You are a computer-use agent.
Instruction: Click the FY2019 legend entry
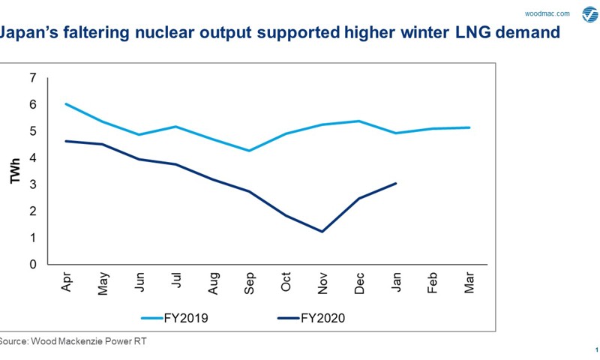[178, 318]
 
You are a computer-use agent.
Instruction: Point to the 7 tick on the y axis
[32, 78]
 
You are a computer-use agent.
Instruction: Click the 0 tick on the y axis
[32, 265]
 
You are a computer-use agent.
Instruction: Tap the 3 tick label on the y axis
[32, 184]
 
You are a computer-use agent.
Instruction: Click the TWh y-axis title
[14, 172]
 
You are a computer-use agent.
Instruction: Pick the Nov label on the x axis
[322, 282]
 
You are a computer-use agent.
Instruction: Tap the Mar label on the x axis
[469, 282]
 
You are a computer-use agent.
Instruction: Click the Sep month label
[250, 282]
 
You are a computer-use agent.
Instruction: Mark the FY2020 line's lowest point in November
[322, 232]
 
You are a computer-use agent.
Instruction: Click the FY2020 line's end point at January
[396, 183]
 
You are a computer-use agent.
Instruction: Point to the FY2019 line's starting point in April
[67, 104]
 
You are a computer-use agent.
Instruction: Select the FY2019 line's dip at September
[250, 151]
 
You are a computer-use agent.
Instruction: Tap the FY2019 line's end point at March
[469, 127]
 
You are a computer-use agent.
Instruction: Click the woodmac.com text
[547, 13]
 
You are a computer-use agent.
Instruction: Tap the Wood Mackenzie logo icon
[586, 13]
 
